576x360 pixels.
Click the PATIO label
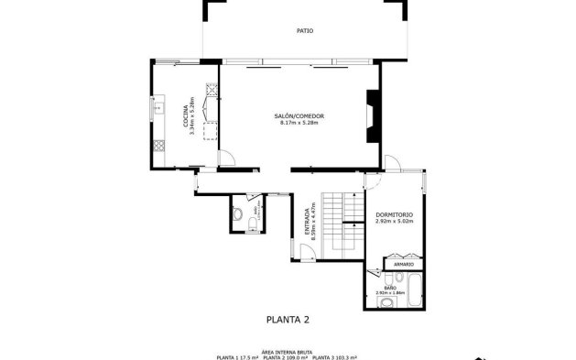[x=305, y=30]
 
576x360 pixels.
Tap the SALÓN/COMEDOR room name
[x=299, y=115]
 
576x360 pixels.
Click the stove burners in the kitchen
[x=158, y=145]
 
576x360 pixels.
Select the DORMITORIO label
[x=394, y=215]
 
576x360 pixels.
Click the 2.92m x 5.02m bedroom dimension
[x=394, y=222]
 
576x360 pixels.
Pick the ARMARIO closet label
[x=404, y=264]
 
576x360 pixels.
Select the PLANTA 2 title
[x=288, y=320]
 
